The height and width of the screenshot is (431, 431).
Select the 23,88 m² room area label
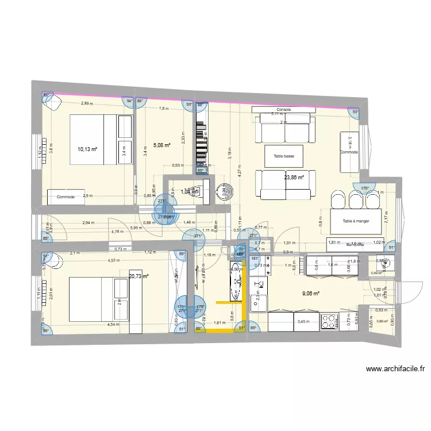(x=294, y=178)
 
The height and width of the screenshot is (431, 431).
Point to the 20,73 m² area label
(x=138, y=276)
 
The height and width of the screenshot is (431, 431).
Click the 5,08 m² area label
(x=161, y=145)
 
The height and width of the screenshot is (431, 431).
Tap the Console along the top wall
(x=284, y=110)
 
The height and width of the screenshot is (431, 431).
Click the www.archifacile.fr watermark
(x=395, y=370)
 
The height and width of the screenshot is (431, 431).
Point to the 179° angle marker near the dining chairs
(x=364, y=188)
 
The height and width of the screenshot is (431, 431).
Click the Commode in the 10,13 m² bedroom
(x=66, y=197)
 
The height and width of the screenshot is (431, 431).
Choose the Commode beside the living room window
(x=349, y=152)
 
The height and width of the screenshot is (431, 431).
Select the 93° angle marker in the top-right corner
(x=355, y=113)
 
